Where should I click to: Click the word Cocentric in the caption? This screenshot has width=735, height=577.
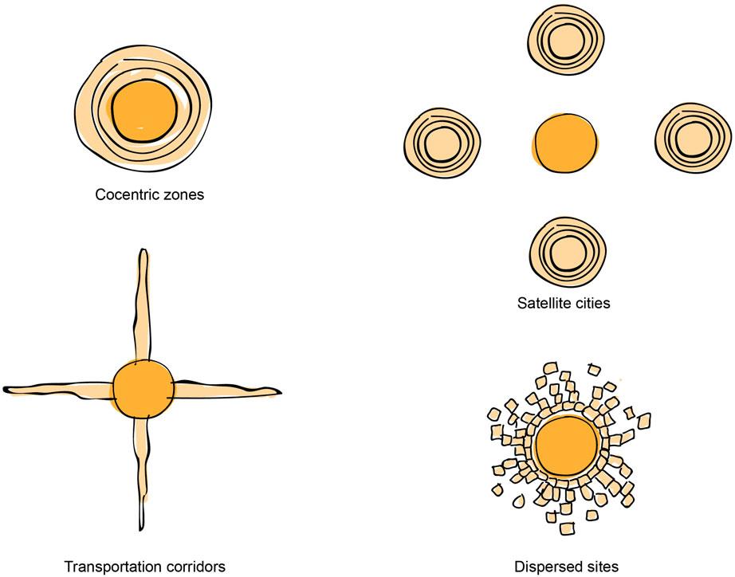click(124, 194)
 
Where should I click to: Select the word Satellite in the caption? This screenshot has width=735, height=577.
click(541, 303)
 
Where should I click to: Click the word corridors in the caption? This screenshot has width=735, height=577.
click(195, 567)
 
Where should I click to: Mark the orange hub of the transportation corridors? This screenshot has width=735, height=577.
click(143, 390)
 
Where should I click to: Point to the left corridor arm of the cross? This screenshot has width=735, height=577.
click(60, 388)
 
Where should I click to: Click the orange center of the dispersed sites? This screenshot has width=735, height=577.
click(568, 446)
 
